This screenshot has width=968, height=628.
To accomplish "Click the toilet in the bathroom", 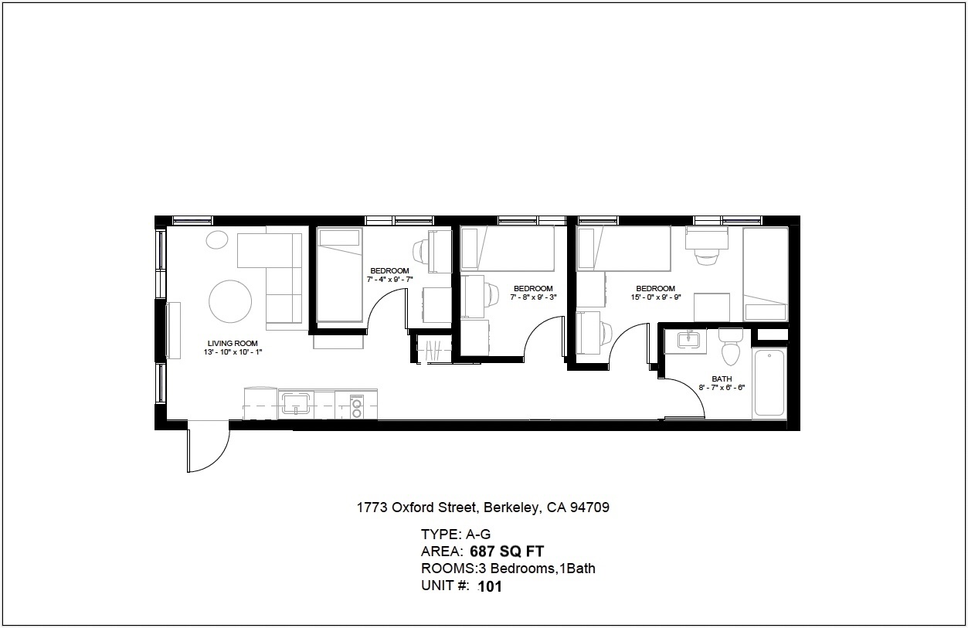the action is [x=730, y=346].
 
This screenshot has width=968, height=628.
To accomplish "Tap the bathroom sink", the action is [x=689, y=339].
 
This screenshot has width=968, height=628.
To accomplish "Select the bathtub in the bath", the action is [x=769, y=383].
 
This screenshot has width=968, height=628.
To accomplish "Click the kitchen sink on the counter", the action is [x=296, y=403].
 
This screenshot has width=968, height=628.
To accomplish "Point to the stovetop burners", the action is [x=357, y=409].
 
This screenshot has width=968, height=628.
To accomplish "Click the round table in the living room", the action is [x=230, y=301].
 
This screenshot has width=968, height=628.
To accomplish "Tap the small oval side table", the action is [x=217, y=240].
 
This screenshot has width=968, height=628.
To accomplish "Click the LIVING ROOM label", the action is [x=233, y=343].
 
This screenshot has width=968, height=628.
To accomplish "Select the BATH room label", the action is [x=722, y=379].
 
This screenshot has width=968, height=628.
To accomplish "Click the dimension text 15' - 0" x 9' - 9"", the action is [x=656, y=297].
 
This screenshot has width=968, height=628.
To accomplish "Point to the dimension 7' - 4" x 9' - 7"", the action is [x=390, y=280].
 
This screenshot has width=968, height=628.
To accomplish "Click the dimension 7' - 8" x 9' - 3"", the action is [x=533, y=297].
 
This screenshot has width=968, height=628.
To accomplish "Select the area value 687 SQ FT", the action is [x=507, y=552].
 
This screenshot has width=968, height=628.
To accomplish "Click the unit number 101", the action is [x=490, y=586].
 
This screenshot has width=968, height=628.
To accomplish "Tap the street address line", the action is [x=483, y=507].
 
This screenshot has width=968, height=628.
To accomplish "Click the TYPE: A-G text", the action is [x=456, y=535].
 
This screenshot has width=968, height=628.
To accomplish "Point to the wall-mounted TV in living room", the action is [x=173, y=330].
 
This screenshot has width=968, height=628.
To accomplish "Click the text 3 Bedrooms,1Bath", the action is [x=543, y=569].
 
